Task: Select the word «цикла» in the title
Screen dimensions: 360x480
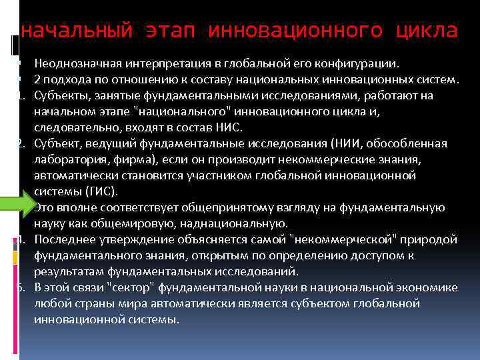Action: click(x=426, y=31)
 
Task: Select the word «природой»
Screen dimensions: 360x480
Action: click(x=431, y=239)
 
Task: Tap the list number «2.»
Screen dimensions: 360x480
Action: click(x=21, y=143)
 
